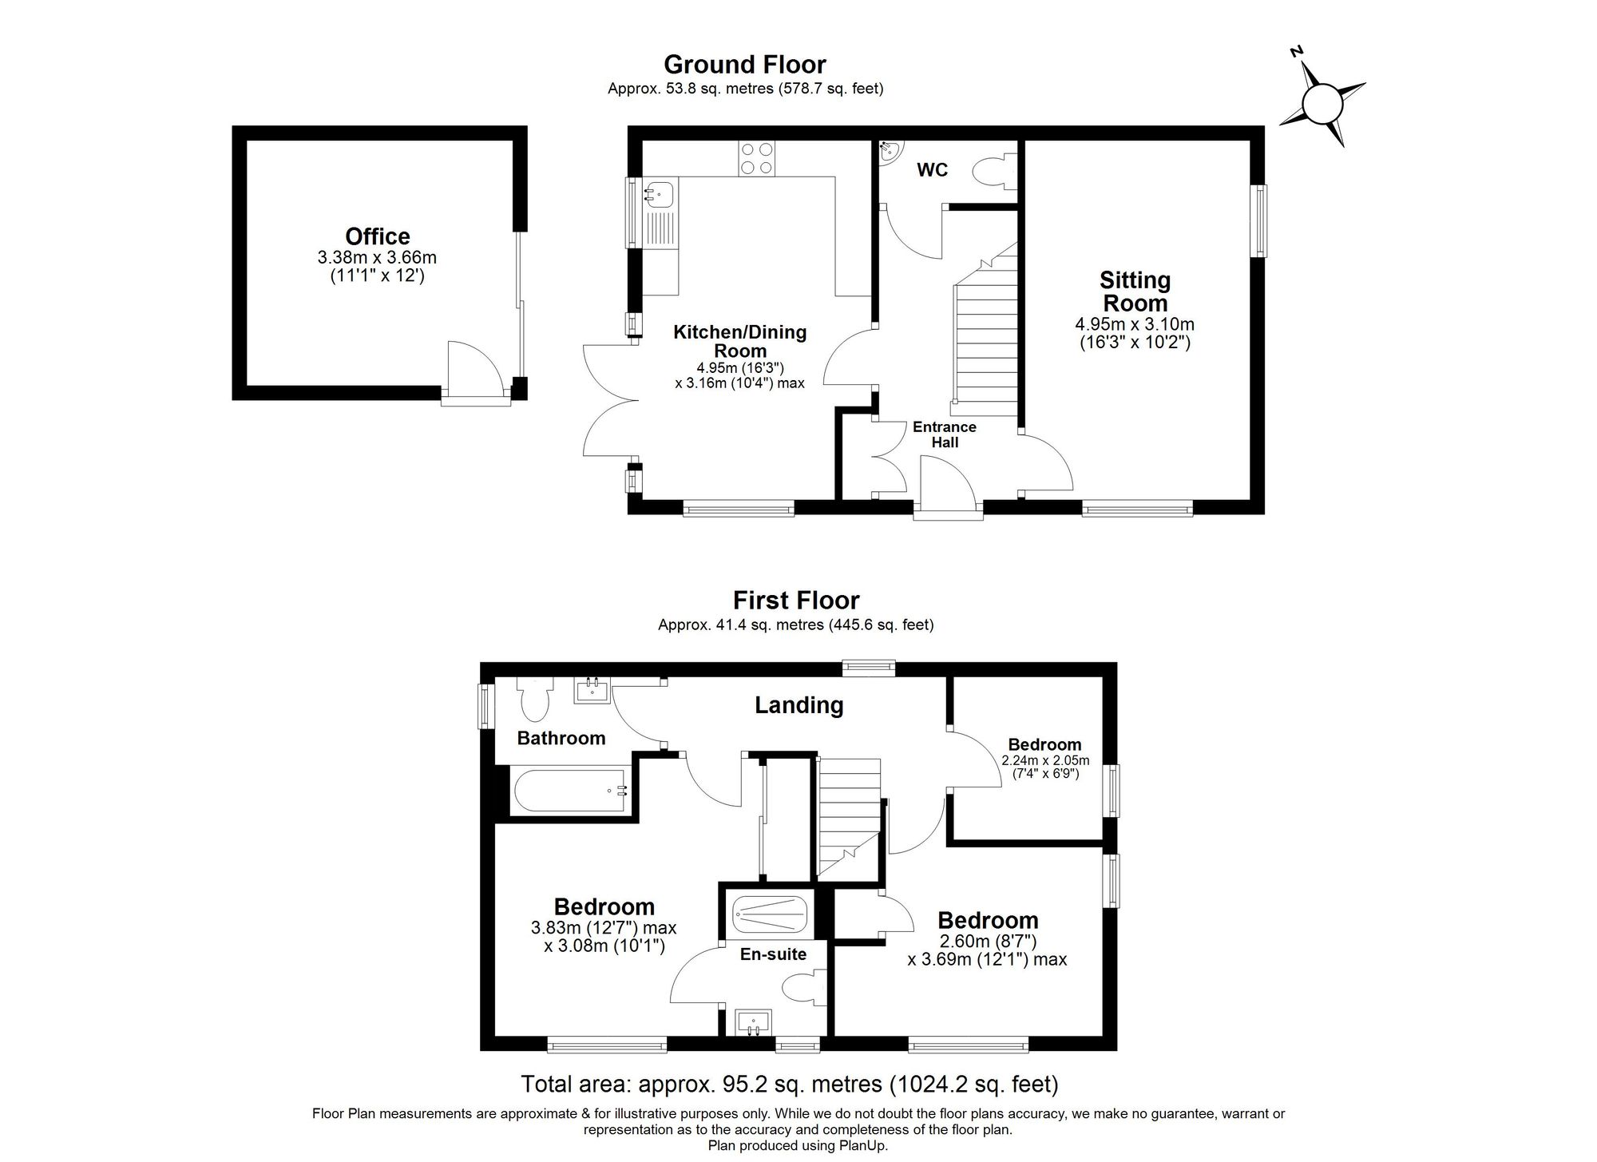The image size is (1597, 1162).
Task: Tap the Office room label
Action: tap(378, 236)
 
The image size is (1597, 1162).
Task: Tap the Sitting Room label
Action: tap(1135, 291)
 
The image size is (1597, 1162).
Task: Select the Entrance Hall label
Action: tap(945, 434)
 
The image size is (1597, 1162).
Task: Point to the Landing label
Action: tap(799, 705)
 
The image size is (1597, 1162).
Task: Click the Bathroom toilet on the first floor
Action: tap(533, 697)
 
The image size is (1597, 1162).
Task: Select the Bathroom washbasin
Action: tap(592, 690)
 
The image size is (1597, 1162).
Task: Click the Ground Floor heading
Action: tap(745, 64)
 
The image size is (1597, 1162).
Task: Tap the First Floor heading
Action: tap(797, 600)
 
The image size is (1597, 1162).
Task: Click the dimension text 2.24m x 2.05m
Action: tap(1045, 760)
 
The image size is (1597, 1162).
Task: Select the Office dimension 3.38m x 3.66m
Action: tap(377, 258)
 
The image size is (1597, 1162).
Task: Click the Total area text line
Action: tap(790, 1085)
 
